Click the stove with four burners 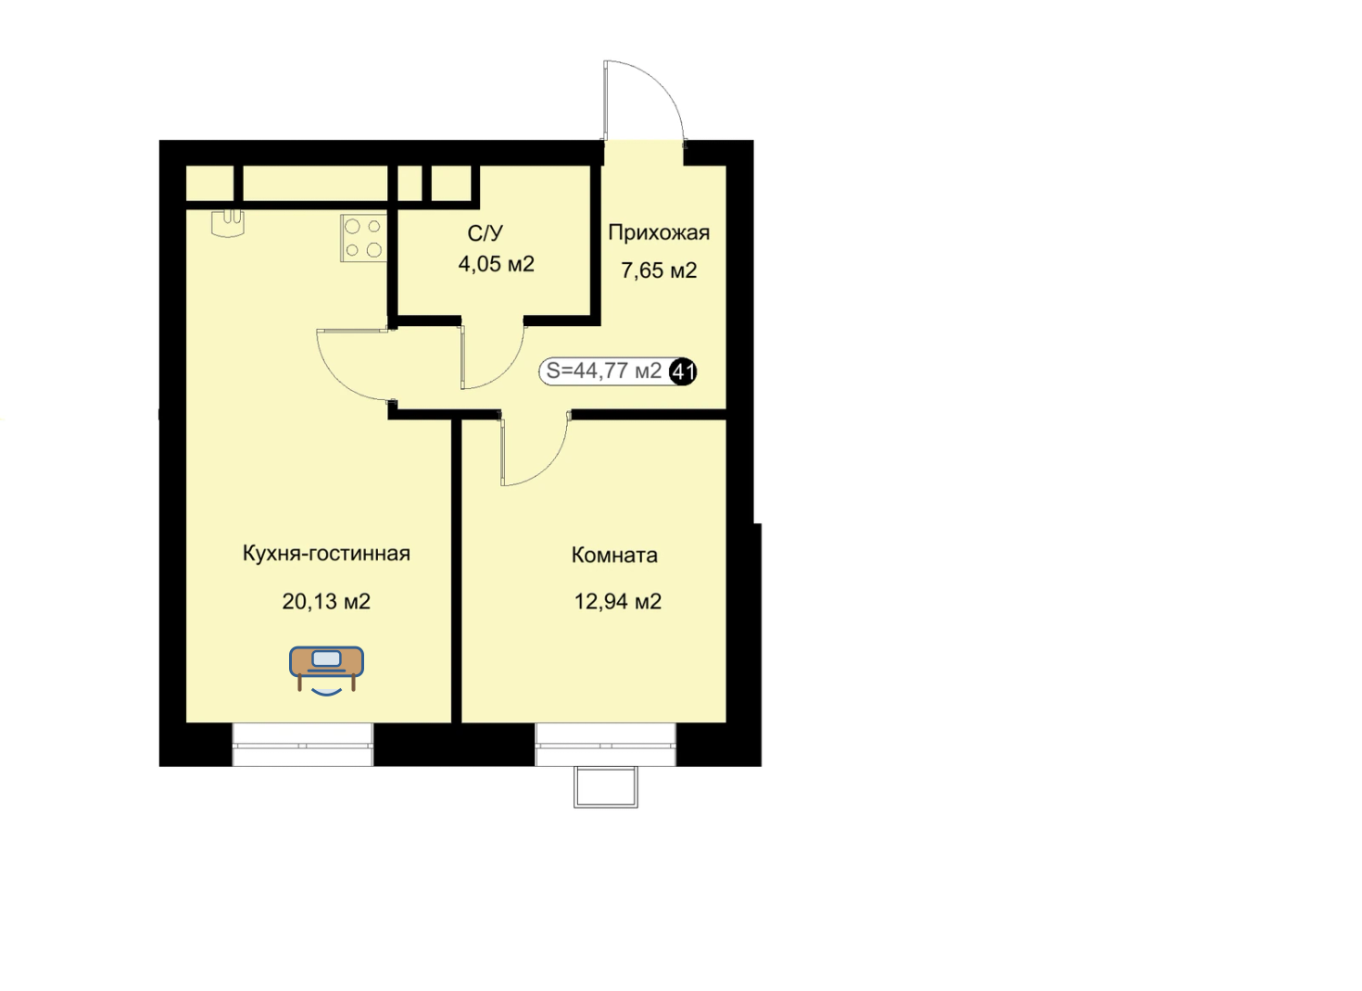(363, 238)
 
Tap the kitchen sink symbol (228, 223)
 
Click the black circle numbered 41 (683, 371)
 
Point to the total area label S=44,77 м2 (604, 370)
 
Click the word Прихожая (659, 232)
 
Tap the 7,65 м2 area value (659, 270)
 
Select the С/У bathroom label (486, 233)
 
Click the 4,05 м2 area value (497, 265)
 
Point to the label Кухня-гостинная (326, 553)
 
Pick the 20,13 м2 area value (326, 602)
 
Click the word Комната (614, 555)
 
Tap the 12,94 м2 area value (618, 602)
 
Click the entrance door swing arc (666, 85)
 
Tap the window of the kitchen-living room (303, 745)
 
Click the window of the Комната (606, 745)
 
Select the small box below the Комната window (606, 787)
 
